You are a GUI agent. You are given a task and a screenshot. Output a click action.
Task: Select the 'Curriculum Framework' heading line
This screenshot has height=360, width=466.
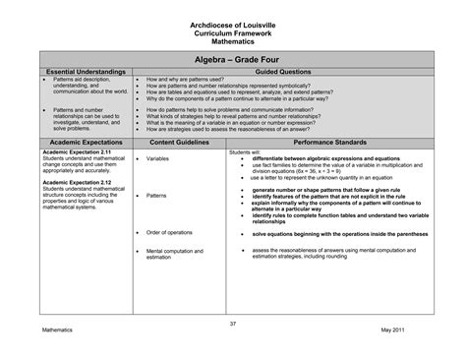click(x=233, y=33)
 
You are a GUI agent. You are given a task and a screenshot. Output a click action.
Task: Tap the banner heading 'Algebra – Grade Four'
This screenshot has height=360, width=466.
click(x=233, y=59)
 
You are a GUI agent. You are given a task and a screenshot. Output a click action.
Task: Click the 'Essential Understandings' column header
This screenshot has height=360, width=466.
click(x=86, y=72)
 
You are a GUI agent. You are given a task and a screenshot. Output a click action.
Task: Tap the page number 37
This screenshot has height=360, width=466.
click(x=233, y=322)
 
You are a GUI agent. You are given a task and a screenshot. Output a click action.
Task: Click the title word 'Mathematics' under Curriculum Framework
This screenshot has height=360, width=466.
click(x=233, y=42)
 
